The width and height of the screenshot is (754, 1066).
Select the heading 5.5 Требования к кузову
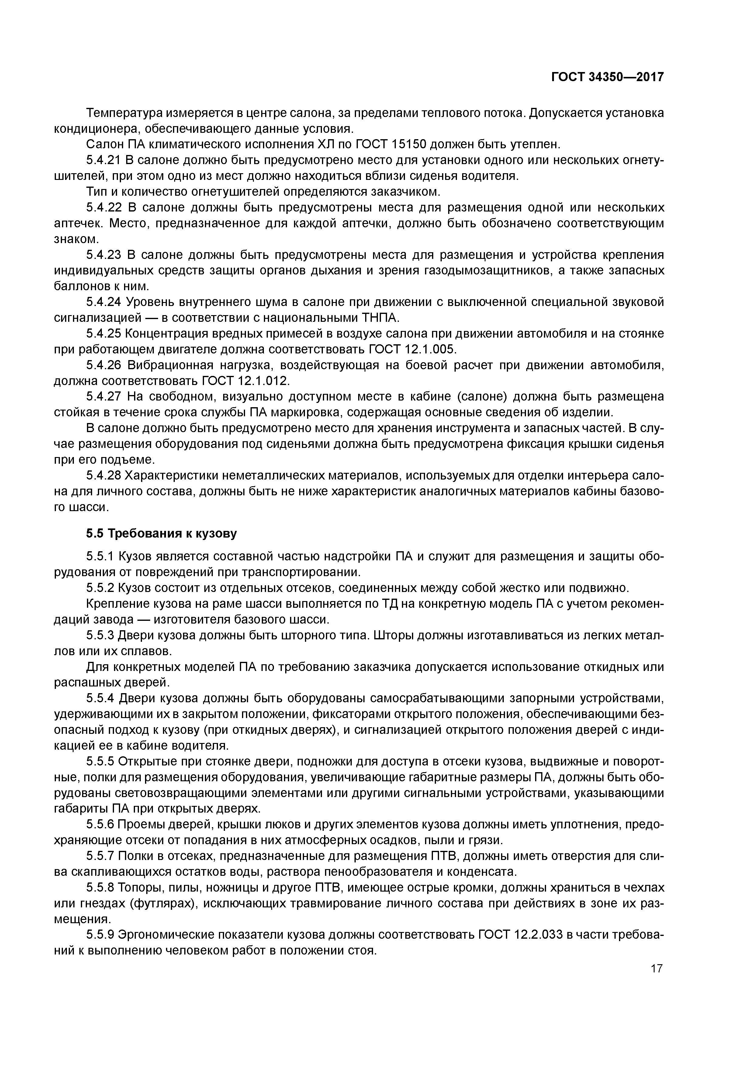[161, 534]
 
